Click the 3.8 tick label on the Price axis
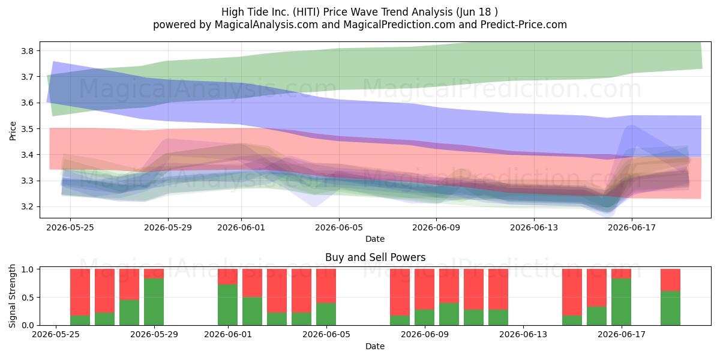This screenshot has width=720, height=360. coord(27,51)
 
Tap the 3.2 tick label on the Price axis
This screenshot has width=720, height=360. coord(27,206)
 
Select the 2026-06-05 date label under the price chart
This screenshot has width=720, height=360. coord(339,227)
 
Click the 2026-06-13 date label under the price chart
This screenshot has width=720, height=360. coord(534,227)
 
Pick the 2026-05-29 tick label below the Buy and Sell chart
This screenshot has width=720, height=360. coord(154,334)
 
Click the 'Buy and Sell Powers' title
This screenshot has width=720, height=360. coord(375,257)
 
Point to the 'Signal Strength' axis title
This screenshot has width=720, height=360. coord(12,296)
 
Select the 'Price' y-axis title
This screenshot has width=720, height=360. coord(13,131)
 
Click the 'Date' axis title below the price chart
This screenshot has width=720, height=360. coord(375,239)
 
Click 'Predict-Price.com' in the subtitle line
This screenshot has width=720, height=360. coord(524,25)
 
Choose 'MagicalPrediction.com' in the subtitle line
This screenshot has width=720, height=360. coord(399,25)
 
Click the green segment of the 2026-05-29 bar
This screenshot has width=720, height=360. coord(154,302)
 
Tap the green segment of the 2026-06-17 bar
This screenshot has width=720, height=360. coord(622,302)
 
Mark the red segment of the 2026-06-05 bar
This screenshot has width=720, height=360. coord(326,286)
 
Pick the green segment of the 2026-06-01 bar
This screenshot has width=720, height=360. coord(228,305)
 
